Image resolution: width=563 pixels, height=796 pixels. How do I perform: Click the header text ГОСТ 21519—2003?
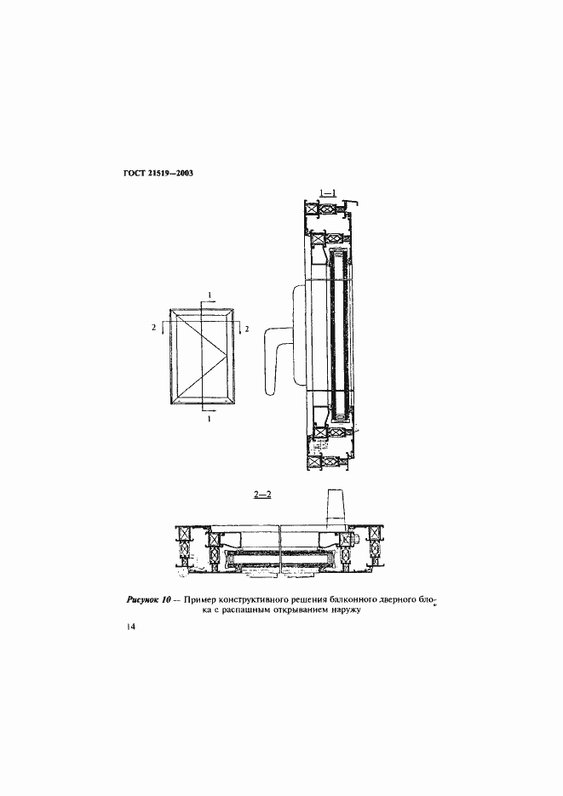pos(158,174)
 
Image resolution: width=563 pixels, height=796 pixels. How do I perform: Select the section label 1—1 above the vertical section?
pos(325,192)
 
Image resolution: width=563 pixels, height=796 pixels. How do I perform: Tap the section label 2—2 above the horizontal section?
pos(262,495)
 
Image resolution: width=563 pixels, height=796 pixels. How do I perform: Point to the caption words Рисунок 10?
pos(148,600)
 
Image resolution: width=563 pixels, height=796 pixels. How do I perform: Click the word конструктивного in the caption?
pos(247,600)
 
